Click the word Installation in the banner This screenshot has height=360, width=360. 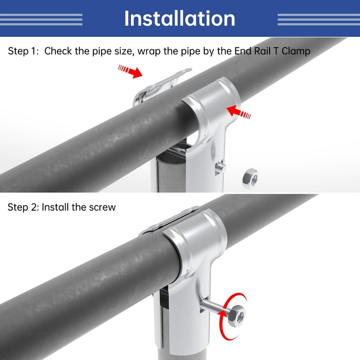tap(180, 18)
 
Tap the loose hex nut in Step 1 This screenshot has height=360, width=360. tap(251, 179)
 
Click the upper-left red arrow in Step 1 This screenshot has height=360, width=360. tap(130, 71)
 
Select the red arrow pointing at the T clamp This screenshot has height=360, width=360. tap(239, 112)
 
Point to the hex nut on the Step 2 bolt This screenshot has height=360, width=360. tap(237, 316)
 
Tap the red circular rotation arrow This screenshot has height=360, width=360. tap(232, 316)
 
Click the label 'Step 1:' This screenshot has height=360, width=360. tap(23, 51)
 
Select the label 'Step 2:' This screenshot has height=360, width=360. tap(23, 207)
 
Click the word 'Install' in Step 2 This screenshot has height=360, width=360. tap(55, 207)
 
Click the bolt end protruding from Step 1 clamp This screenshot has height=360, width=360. tap(220, 167)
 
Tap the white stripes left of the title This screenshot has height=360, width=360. tap(41, 19)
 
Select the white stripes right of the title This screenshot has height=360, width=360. tap(319, 19)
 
